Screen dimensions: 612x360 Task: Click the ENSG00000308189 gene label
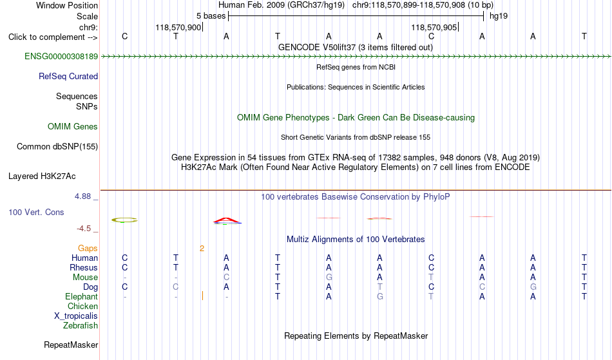61,57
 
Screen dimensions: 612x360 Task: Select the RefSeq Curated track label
68,77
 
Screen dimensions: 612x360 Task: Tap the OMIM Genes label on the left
73,126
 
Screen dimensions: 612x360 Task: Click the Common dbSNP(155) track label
57,147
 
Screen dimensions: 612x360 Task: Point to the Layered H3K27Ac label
42,176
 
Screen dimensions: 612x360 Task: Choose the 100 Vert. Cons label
36,212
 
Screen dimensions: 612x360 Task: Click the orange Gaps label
88,249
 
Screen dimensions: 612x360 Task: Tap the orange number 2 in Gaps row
202,249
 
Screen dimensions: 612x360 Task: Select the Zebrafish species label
81,326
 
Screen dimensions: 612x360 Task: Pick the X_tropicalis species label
76,316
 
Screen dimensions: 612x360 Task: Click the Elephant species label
81,297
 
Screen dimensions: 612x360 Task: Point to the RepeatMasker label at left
71,345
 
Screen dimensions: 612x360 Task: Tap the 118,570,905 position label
434,27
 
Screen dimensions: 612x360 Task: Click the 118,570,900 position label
178,27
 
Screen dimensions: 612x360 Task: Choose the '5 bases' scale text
211,16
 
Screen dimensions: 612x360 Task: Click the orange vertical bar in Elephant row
202,296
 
